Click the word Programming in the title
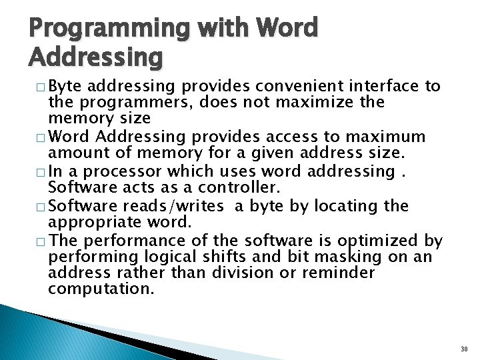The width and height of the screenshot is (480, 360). pyautogui.click(x=110, y=29)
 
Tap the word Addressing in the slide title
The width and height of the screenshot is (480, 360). pyautogui.click(x=95, y=59)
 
